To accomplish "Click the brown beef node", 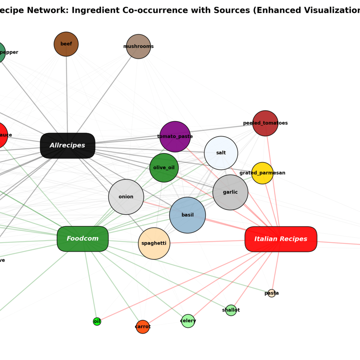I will [66, 44].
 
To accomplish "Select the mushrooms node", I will [138, 46].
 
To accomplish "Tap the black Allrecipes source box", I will [67, 145].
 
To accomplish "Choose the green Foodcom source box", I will [82, 239].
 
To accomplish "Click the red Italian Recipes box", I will [281, 239].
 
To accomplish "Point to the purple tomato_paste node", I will [175, 136].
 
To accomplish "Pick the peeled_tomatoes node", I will [265, 123].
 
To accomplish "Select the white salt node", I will [221, 153].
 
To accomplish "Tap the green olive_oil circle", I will [164, 168].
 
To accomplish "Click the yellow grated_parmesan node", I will [262, 173].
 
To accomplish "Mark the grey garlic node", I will [230, 192].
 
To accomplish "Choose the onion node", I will [126, 197].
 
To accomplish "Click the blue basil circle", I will [187, 215].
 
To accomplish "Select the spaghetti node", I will [154, 243].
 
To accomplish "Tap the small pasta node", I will [271, 293].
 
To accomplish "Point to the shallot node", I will [231, 310].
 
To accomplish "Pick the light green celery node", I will [188, 321].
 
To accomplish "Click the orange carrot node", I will [143, 327].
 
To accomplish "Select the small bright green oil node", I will [97, 322].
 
